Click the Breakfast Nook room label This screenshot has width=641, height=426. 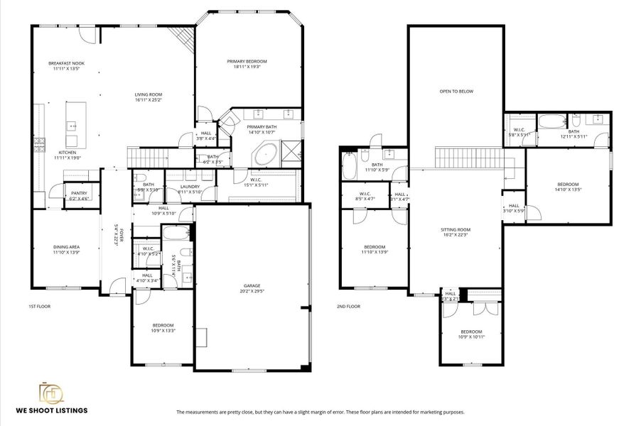click(x=64, y=66)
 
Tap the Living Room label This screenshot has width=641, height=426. click(x=149, y=97)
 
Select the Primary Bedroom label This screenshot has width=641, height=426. click(x=247, y=64)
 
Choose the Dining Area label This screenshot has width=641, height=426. click(x=66, y=249)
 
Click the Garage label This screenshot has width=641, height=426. click(x=252, y=288)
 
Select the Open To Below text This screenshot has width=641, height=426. click(x=456, y=92)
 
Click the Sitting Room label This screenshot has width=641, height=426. click(x=456, y=231)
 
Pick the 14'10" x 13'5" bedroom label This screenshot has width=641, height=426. click(x=568, y=187)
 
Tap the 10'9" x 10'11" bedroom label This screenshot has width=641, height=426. click(x=470, y=334)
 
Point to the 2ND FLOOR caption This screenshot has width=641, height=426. click(x=348, y=307)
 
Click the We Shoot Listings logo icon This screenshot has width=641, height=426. click(x=50, y=393)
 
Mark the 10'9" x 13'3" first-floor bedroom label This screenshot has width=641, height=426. click(x=163, y=328)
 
